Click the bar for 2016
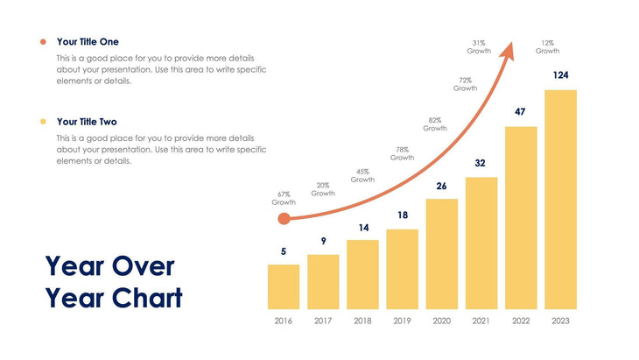[x=283, y=286]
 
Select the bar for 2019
[x=402, y=269]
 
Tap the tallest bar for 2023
[x=560, y=199]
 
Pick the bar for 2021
[x=481, y=243]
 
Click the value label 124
[x=560, y=75]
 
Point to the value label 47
[x=520, y=112]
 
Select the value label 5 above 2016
[x=283, y=251]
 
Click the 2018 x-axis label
[x=362, y=321]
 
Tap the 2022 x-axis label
[x=521, y=321]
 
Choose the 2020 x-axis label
[x=441, y=321]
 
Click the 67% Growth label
[x=284, y=198]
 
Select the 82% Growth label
[x=435, y=124]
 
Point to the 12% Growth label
[x=548, y=46]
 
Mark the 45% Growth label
[x=362, y=175]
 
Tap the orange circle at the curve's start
[x=283, y=219]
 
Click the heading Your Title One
[x=88, y=41]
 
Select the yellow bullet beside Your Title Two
[x=42, y=122]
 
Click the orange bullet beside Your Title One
[x=42, y=41]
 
